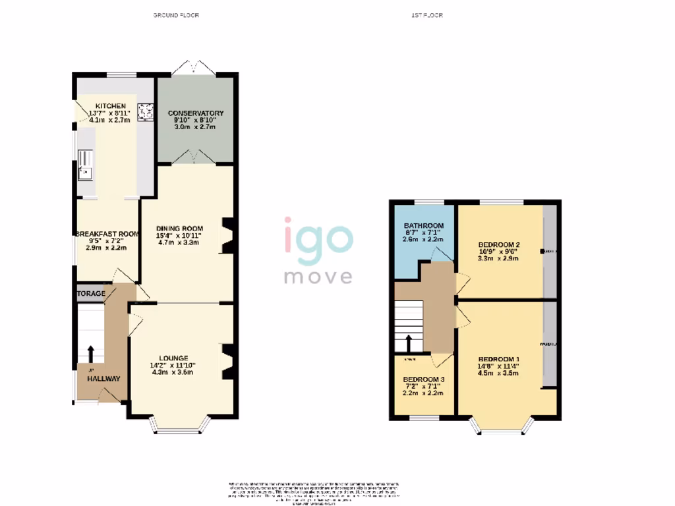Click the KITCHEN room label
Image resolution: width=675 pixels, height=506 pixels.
[x=110, y=106]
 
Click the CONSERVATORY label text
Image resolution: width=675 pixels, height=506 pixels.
[x=195, y=113]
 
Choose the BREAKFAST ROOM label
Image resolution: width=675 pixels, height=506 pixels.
[x=107, y=234]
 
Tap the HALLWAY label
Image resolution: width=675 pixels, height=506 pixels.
[x=101, y=379]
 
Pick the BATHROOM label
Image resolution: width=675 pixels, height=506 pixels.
[x=423, y=226]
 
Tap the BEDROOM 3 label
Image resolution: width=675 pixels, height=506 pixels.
[x=423, y=380]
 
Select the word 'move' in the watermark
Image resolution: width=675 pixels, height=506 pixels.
[x=318, y=276]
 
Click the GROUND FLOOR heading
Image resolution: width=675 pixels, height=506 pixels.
[x=176, y=15]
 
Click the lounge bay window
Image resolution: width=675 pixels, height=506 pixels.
[x=180, y=430]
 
